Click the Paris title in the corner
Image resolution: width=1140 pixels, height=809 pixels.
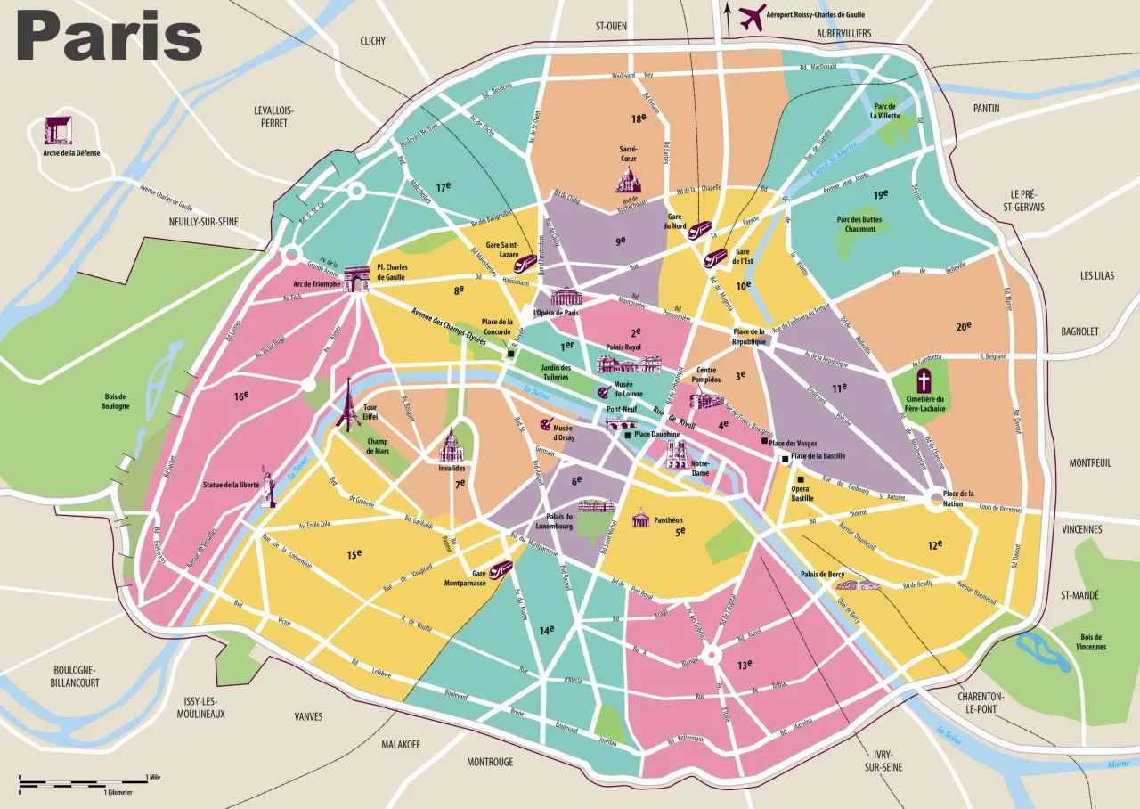point(109,37)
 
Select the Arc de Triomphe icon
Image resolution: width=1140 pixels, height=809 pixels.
point(357,279)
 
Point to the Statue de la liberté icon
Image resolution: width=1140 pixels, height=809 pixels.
point(267,486)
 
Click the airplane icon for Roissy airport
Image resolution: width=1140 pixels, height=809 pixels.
point(753,17)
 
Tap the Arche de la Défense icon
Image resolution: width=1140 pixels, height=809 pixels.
point(58,130)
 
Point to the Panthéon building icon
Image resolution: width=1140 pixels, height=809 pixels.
point(640,518)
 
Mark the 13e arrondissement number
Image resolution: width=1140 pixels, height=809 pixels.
point(744,664)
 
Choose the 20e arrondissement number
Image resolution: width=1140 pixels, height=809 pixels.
point(964,327)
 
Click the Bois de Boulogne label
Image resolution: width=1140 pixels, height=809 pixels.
point(116,401)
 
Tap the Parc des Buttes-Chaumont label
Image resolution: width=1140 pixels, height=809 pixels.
point(856,224)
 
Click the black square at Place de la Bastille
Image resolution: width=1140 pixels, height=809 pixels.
point(785,459)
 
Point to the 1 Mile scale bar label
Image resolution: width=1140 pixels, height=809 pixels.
point(155,777)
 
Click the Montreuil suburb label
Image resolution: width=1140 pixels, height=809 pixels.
point(1091,463)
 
